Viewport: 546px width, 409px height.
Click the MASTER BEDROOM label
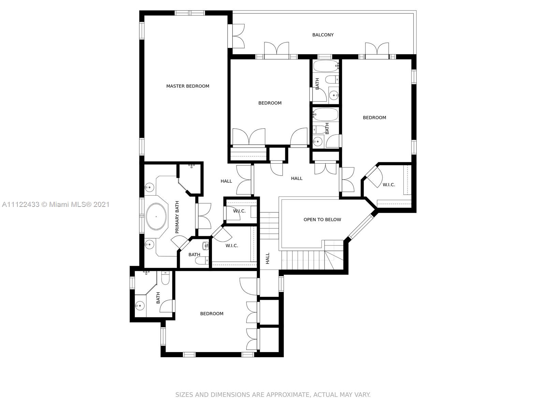click(x=187, y=86)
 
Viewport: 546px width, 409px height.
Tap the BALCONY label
click(x=323, y=35)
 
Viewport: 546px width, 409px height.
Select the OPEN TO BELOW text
click(x=322, y=219)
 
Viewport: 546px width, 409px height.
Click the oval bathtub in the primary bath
click(x=156, y=216)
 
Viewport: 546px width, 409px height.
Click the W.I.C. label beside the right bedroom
click(x=389, y=185)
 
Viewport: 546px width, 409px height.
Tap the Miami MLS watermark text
click(x=56, y=204)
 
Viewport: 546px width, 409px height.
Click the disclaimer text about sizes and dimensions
click(x=273, y=395)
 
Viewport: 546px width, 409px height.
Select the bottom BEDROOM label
click(x=212, y=314)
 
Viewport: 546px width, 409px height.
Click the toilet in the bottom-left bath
click(x=165, y=278)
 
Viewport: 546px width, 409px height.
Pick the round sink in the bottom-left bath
click(x=139, y=305)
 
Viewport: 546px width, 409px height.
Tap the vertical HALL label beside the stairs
click(x=268, y=258)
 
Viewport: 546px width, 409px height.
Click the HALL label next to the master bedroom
click(x=226, y=181)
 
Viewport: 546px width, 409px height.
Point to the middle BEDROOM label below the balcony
click(x=270, y=103)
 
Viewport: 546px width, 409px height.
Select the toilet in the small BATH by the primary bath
click(x=202, y=261)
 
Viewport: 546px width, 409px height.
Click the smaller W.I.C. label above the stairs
click(x=239, y=211)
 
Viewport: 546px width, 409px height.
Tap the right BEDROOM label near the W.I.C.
click(x=374, y=118)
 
